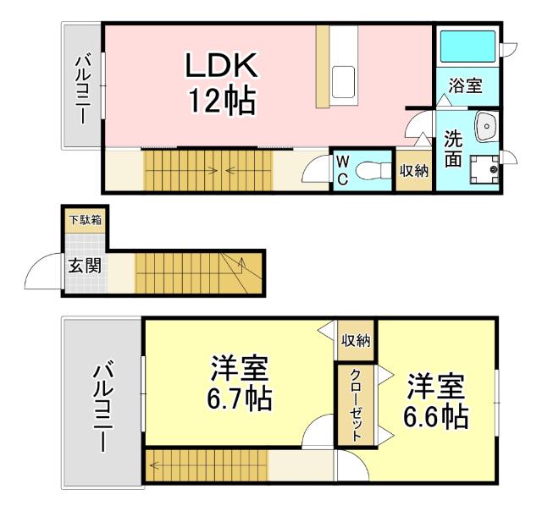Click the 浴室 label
coord(465,85)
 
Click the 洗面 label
coord(453,148)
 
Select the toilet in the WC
coord(368,170)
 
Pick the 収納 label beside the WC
coord(414,170)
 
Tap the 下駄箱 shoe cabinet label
coord(85,220)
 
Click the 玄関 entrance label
coord(85,266)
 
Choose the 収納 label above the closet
coord(356,341)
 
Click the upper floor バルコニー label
coord(84,88)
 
